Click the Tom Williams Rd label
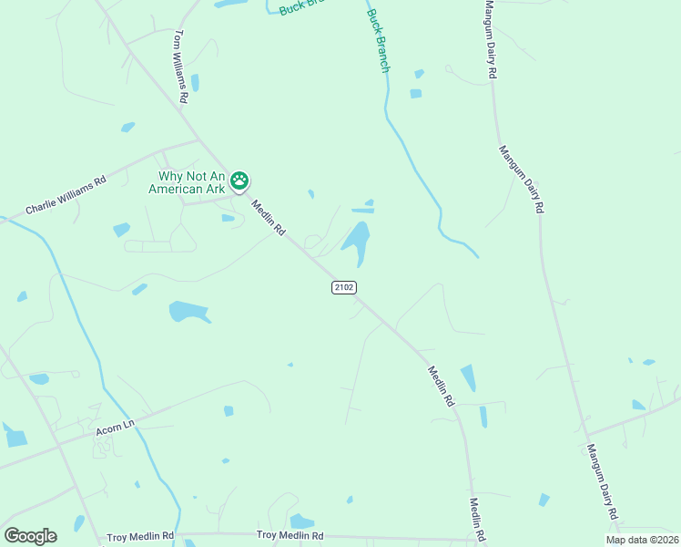180,66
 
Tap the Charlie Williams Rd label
66,194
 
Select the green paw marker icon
239,181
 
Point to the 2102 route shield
343,287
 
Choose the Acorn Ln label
115,426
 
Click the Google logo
30,536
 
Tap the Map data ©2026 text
642,540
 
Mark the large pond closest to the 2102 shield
357,240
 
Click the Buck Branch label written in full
378,40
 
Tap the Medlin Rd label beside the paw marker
269,219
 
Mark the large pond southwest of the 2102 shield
189,312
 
